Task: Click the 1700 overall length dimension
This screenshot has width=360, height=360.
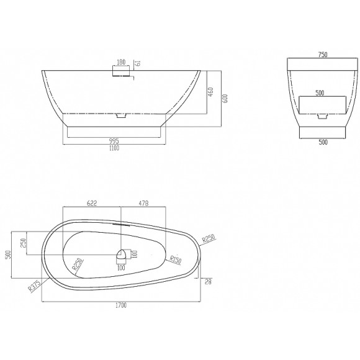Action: (x=121, y=305)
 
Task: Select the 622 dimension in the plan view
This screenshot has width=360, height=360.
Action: (x=92, y=203)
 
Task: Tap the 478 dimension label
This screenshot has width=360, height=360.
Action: (x=143, y=203)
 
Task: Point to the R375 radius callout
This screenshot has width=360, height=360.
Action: (x=34, y=286)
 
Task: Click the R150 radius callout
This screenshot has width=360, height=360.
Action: (x=176, y=259)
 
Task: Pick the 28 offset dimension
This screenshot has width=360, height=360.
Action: (x=208, y=282)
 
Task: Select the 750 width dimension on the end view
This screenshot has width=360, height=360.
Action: (x=323, y=55)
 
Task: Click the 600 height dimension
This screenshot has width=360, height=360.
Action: (x=225, y=99)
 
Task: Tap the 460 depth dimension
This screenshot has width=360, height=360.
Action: (x=210, y=92)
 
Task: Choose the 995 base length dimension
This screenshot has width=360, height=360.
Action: (x=114, y=141)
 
